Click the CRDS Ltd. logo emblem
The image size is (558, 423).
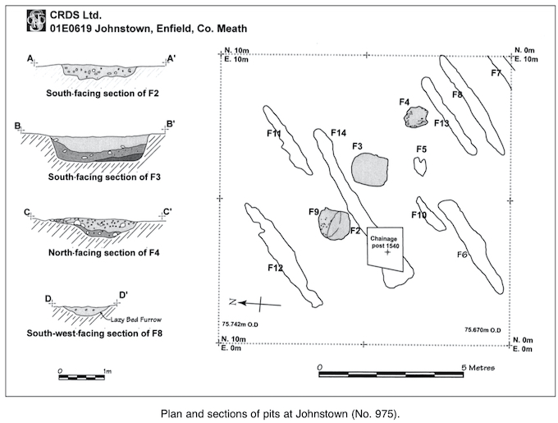point(35,21)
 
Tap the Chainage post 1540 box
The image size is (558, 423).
point(386,247)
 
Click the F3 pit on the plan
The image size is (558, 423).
point(368,168)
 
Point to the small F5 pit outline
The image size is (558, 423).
point(420,166)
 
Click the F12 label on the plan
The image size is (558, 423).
point(275,268)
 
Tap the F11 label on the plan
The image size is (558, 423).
point(274,134)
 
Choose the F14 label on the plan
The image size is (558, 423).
point(338,133)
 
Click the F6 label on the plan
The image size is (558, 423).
point(462,255)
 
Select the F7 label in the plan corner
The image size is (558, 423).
point(496,74)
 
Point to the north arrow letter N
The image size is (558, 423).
point(232,301)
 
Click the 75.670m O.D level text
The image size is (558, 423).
point(483,329)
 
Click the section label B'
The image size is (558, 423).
point(170,125)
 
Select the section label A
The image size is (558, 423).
point(30,58)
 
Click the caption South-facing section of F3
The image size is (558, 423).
point(104,177)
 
